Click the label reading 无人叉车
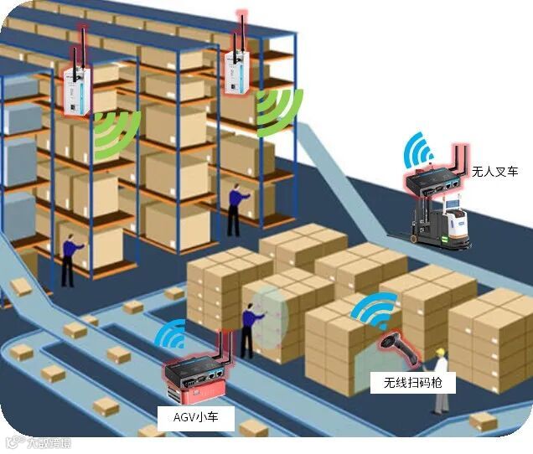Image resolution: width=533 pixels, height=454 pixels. pyautogui.click(x=495, y=172)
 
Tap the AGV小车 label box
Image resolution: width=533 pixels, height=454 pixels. pyautogui.click(x=190, y=416)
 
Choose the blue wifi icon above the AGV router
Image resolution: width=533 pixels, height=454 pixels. pyautogui.click(x=173, y=335)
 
